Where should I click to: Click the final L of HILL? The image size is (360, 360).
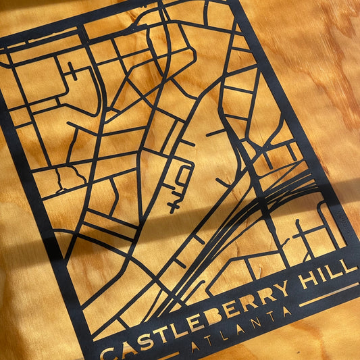(351, 263)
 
